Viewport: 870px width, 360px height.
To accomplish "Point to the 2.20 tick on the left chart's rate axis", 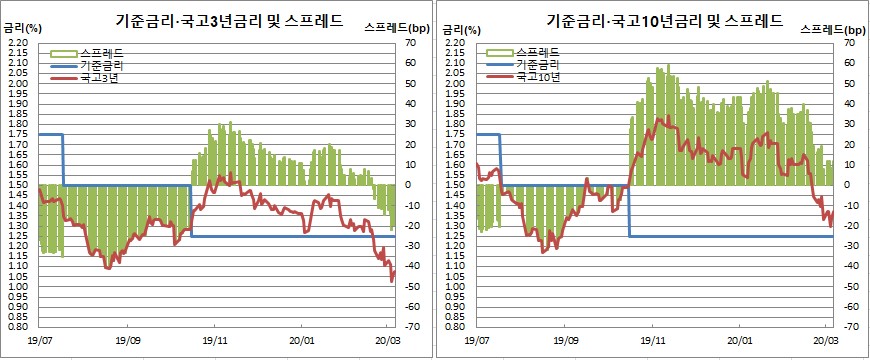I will point(19,43).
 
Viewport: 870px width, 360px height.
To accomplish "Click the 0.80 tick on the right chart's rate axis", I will point(459,327).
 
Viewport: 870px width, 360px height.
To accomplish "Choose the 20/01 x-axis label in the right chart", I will point(741,341).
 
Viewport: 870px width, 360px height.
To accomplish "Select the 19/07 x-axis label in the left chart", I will point(39,341).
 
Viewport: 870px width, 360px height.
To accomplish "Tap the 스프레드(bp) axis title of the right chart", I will point(837,30).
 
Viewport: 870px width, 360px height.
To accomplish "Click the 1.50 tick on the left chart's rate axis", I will point(19,185).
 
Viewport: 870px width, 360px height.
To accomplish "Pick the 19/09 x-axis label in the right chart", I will point(565,341).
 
